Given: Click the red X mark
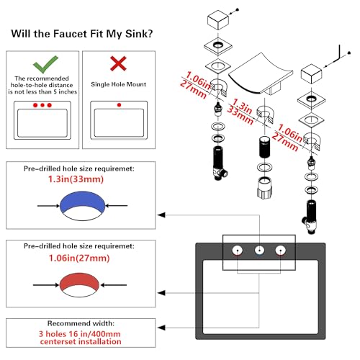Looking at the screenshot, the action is [x=118, y=63].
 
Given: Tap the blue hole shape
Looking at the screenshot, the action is [x=82, y=202].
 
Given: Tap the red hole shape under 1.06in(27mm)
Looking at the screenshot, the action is [x=79, y=282].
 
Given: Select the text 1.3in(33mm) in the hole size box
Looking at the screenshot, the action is [x=76, y=179].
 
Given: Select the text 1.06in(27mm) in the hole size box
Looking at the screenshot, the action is [x=79, y=258].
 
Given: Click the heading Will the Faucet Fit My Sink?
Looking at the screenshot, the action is [x=82, y=34].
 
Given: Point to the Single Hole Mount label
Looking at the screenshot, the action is [x=118, y=84].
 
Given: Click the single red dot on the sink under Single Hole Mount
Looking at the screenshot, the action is [x=119, y=105].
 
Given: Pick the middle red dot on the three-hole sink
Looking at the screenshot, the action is [x=42, y=105].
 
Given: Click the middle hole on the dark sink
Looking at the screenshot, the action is [x=259, y=251].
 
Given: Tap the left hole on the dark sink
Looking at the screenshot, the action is [x=238, y=251].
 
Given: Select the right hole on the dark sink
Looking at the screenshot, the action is [x=280, y=251].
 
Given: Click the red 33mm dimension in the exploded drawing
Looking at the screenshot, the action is [x=240, y=115].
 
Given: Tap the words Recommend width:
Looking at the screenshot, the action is [x=81, y=323].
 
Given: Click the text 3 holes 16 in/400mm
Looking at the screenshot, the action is [x=80, y=334].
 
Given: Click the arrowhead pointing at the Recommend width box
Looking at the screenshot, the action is [x=161, y=328].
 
